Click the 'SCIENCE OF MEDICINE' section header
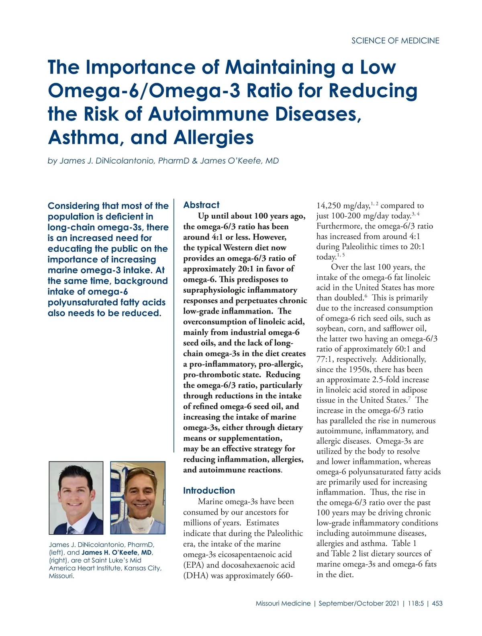coord(395,41)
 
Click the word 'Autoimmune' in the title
coord(209,114)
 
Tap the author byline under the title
coord(163,161)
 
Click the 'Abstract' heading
coord(201,205)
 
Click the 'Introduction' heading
coord(209,490)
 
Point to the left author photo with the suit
coord(76,498)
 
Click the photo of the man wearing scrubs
coord(138,498)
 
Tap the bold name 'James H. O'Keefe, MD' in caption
coord(117,552)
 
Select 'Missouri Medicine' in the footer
coord(283,603)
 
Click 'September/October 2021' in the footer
coord(359,603)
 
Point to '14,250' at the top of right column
coord(329,206)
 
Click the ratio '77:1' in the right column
coord(325,359)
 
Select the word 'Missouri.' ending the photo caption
coord(61,576)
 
